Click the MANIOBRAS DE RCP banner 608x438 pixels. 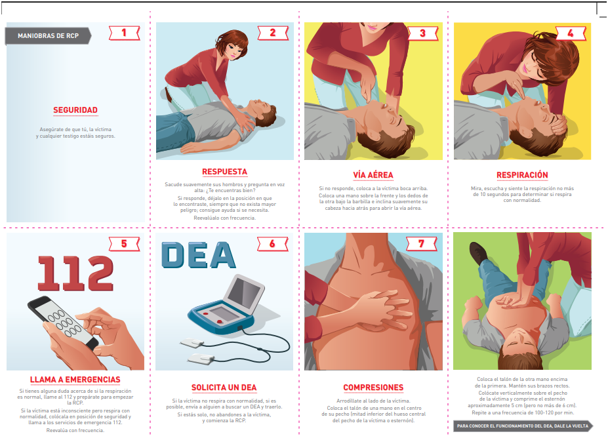point(48,36)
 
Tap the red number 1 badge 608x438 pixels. point(125,33)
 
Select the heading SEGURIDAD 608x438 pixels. point(75,110)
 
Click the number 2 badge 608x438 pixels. point(273,33)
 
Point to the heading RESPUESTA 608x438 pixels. point(224,172)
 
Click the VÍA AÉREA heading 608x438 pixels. point(373,175)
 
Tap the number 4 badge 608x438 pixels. point(571,33)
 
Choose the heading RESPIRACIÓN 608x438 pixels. point(522,175)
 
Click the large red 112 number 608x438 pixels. point(75,273)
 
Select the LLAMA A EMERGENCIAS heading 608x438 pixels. point(75,380)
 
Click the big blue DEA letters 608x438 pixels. point(198,255)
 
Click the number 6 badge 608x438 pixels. point(273,244)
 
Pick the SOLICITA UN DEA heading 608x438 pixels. point(224,388)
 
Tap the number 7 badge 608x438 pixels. point(422,244)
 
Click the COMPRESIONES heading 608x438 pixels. point(373,388)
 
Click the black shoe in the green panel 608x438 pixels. point(479,253)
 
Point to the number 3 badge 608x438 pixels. point(422,33)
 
